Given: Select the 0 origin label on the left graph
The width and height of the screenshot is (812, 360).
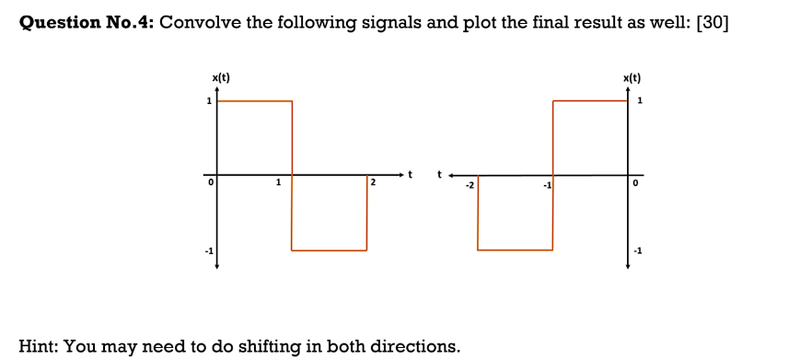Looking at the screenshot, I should (211, 184).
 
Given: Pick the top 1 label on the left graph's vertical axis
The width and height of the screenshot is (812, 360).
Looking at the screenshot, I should (209, 100).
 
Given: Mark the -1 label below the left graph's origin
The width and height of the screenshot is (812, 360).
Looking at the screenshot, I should (208, 251).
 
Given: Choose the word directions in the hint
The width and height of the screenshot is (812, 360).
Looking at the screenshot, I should (415, 346).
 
